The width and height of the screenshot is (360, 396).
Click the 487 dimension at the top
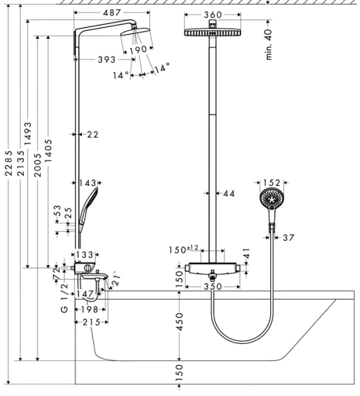(x=106, y=13)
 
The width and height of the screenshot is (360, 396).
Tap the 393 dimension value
(x=106, y=60)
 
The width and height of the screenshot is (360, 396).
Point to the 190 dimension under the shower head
(x=137, y=50)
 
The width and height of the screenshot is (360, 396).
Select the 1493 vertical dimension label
(x=28, y=137)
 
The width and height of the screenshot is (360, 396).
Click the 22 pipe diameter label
(x=92, y=135)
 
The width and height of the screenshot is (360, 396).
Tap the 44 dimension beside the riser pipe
(x=229, y=193)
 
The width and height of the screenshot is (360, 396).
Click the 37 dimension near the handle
(x=289, y=237)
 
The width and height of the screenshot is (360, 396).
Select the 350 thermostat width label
(x=212, y=287)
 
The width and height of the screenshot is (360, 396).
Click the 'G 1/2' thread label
(x=64, y=299)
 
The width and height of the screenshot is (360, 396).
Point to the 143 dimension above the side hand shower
(x=88, y=183)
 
